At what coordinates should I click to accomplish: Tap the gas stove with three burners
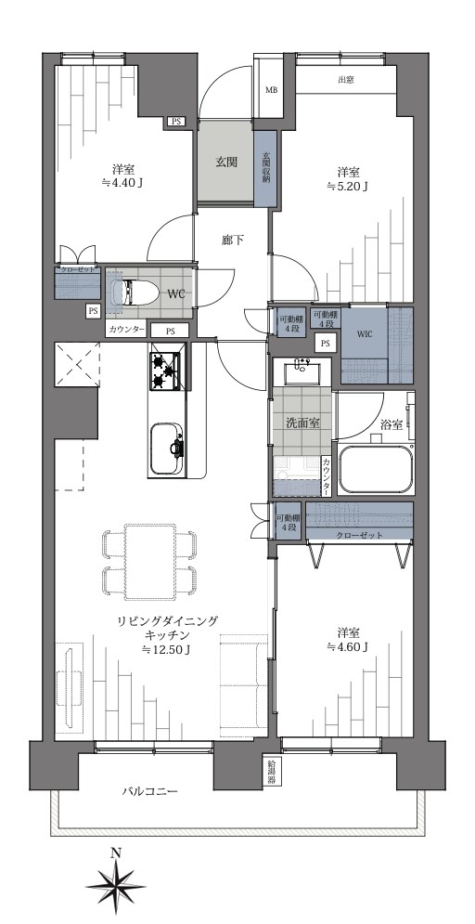click(167, 370)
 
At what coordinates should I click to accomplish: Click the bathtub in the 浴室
click(376, 470)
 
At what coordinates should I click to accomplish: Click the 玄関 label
click(226, 162)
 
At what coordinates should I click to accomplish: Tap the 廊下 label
click(232, 241)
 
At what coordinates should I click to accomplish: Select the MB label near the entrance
click(272, 90)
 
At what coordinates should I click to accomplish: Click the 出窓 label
click(345, 80)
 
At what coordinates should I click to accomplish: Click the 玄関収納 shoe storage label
click(266, 167)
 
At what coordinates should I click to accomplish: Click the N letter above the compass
click(115, 852)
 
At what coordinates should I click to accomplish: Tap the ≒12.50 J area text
click(166, 649)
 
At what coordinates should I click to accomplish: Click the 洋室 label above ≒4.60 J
click(347, 631)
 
